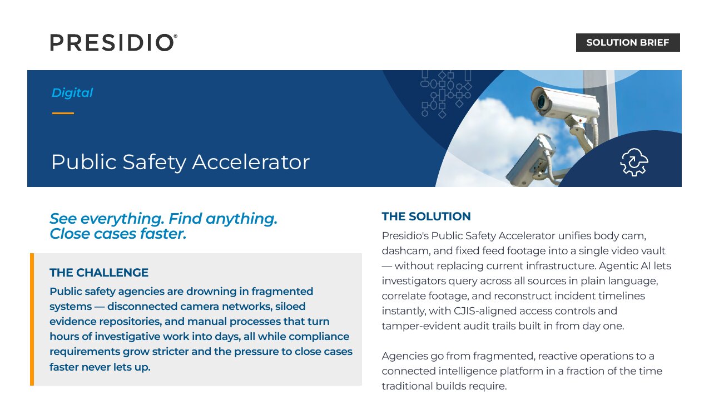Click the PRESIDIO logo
click(x=113, y=42)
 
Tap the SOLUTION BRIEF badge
click(x=628, y=42)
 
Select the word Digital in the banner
click(x=72, y=93)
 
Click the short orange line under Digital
click(x=63, y=113)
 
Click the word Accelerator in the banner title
click(x=251, y=162)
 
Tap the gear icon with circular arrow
click(x=634, y=162)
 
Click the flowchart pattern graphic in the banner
click(x=445, y=94)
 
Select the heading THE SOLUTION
click(x=426, y=216)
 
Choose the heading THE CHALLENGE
click(x=99, y=273)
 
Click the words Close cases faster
click(x=118, y=234)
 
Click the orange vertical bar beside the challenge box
click(x=32, y=319)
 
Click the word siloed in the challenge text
click(x=290, y=307)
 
